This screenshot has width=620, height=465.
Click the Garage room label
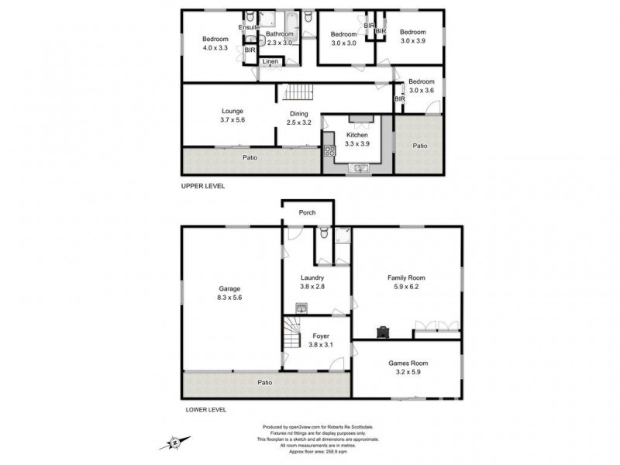[229, 288]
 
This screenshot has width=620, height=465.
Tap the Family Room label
[407, 277]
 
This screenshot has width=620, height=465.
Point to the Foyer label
[320, 336]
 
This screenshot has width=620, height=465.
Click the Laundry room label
[312, 277]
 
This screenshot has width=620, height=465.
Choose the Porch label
[307, 212]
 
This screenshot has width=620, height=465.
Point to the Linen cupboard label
[270, 61]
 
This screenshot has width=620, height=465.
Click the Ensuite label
[249, 27]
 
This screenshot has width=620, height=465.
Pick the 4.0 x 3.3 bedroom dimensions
[215, 48]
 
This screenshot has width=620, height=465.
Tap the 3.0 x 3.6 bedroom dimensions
[422, 90]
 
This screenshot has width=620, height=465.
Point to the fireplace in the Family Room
[383, 332]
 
